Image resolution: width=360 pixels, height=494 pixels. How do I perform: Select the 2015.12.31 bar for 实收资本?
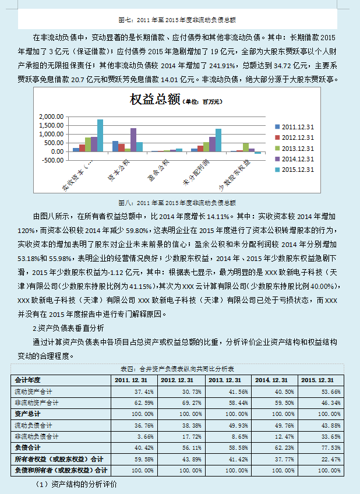(100, 135)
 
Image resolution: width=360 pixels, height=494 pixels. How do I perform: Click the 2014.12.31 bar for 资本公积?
(133, 140)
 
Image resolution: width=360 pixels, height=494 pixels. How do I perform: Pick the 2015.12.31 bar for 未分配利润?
(218, 140)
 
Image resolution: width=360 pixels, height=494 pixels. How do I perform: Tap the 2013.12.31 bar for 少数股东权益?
(246, 147)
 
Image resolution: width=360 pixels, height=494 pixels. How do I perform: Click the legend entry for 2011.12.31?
(295, 126)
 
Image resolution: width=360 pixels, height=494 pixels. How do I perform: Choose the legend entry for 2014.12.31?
(295, 158)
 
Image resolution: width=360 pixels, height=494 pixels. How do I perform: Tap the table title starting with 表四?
(177, 369)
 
